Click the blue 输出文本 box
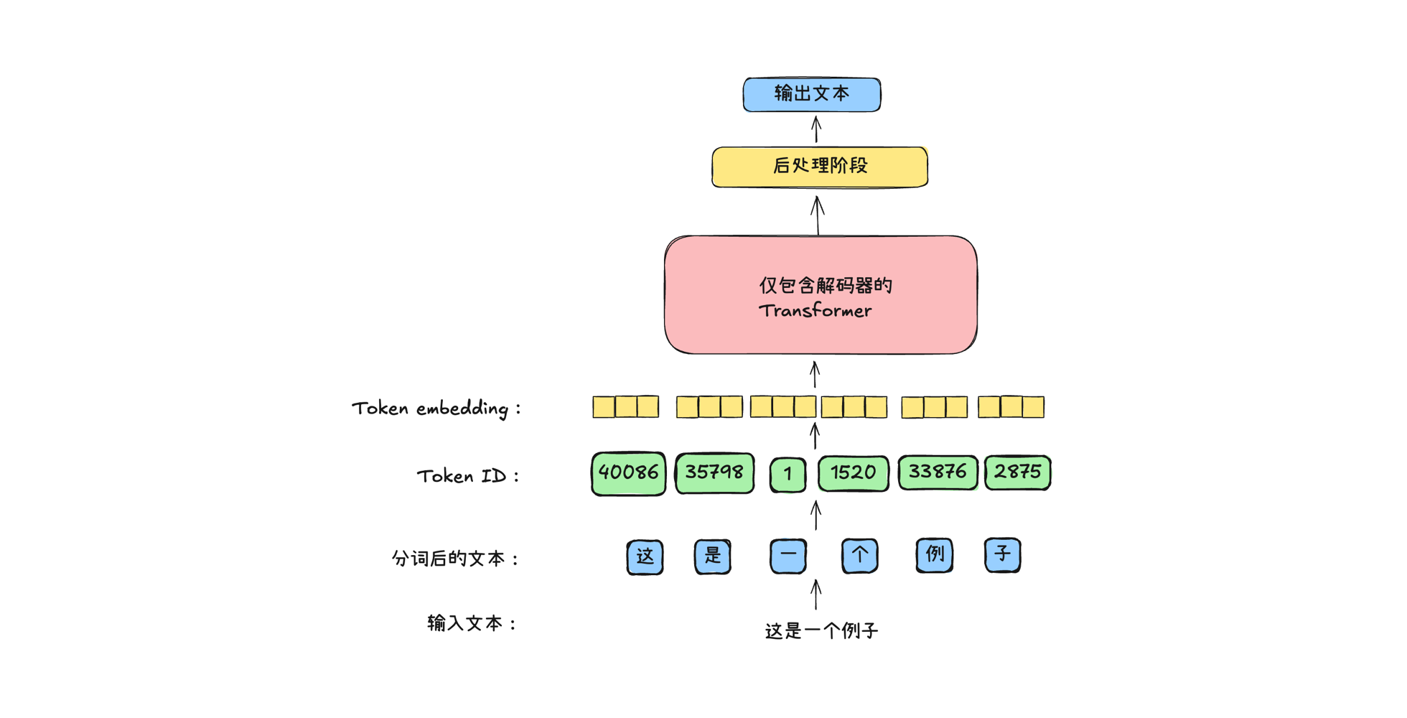pos(812,94)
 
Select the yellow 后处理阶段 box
pos(820,167)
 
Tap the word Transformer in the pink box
pos(815,311)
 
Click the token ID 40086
pos(628,473)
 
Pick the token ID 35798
pos(714,472)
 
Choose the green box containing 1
pos(787,474)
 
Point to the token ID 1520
pos(853,473)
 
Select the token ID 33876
pos(938,472)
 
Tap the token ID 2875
pos(1017,472)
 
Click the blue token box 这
pos(645,556)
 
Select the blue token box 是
pos(712,556)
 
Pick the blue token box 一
pos(787,556)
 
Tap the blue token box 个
pos(859,555)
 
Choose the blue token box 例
pos(934,555)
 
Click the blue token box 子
pos(1002,555)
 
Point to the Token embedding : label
pos(436,409)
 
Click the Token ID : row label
pos(467,476)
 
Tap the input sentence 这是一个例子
pos(821,631)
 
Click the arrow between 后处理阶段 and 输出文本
pos(816,130)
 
